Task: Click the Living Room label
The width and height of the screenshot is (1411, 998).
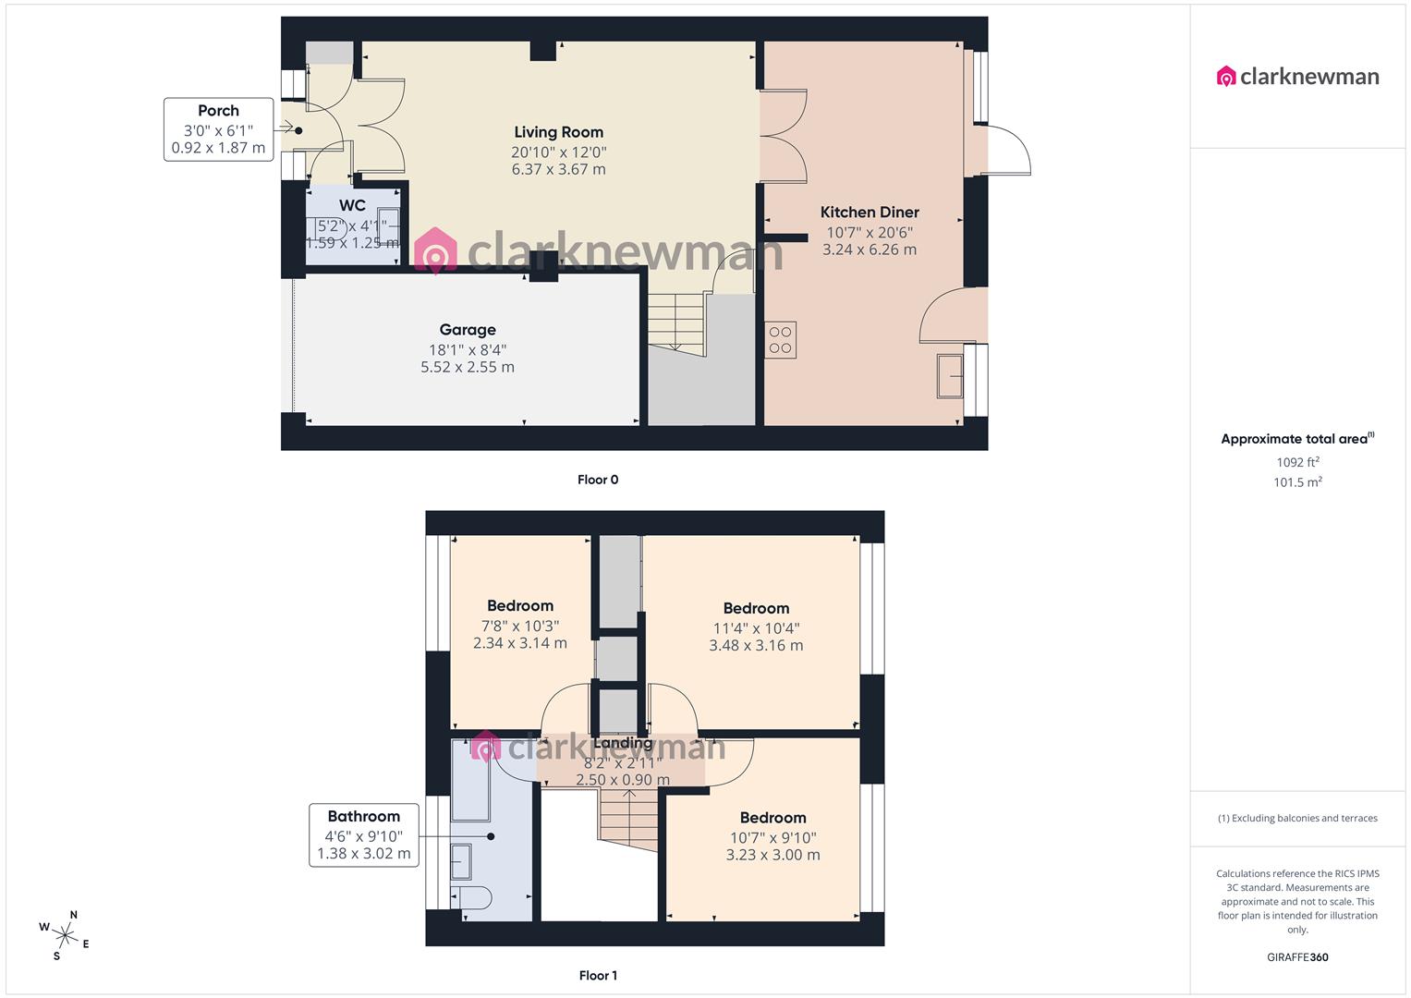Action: [x=558, y=132]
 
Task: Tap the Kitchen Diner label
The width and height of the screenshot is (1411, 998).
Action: [x=870, y=213]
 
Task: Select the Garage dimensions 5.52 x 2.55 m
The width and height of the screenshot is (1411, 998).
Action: [x=468, y=367]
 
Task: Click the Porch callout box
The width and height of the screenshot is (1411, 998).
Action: [x=219, y=129]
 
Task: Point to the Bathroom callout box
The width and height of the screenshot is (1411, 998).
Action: [x=363, y=834]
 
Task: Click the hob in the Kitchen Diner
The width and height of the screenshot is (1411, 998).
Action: [x=780, y=340]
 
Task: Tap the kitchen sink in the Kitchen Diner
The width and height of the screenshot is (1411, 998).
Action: [x=950, y=376]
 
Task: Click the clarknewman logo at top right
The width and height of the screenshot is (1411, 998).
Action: [x=1298, y=77]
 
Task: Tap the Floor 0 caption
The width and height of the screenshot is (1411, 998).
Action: [x=598, y=480]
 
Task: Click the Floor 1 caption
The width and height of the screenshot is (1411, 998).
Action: [x=598, y=976]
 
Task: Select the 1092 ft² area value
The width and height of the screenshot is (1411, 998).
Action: [x=1297, y=462]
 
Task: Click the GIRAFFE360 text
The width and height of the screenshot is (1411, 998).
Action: [x=1297, y=957]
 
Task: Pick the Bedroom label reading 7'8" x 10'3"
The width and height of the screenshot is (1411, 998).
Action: [x=520, y=606]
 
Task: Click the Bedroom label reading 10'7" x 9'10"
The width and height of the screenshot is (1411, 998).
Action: [x=772, y=818]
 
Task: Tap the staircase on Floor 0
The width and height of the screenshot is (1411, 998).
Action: [x=676, y=321]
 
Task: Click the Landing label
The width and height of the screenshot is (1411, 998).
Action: [x=623, y=743]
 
